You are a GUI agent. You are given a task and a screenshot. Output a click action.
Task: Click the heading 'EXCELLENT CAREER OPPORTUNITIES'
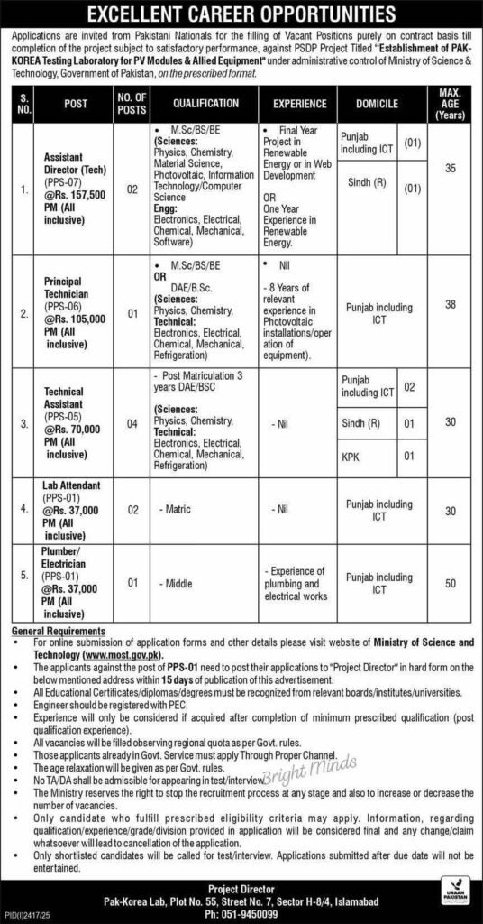pos(241,14)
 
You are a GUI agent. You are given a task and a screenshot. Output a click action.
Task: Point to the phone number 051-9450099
pos(241,912)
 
